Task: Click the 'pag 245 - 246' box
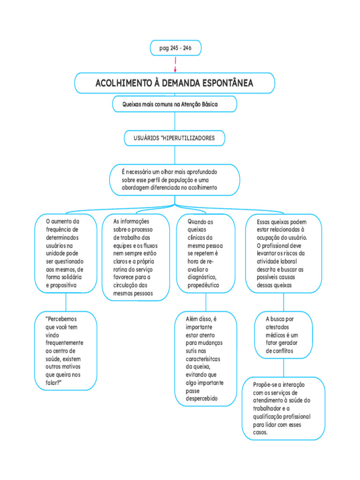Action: click(175, 48)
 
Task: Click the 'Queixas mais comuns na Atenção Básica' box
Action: click(175, 104)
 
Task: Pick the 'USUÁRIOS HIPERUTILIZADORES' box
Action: click(174, 138)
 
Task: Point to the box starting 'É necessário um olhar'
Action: click(174, 180)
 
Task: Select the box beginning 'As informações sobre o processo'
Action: click(135, 257)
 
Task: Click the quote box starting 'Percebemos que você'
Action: click(65, 351)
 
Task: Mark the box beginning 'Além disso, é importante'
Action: click(205, 359)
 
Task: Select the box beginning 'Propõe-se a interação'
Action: click(283, 408)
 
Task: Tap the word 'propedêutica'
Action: click(203, 285)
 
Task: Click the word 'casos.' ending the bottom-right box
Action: click(261, 433)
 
